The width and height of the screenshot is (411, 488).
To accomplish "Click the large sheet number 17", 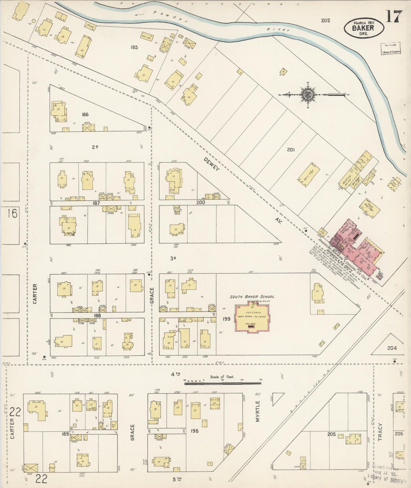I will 394,17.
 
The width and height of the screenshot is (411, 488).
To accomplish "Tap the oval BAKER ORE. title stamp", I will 364,28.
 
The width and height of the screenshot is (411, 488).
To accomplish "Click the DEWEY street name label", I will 212,164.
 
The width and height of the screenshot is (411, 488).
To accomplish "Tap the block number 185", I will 134,47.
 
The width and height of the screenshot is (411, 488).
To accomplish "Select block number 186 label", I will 85,114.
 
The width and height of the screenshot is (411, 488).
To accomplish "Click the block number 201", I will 290,149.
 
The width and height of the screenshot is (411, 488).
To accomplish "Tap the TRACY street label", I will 381,432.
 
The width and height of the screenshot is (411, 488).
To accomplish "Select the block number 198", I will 195,431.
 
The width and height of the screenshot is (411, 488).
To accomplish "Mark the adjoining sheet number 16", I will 13,213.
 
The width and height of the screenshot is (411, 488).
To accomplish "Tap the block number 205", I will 331,434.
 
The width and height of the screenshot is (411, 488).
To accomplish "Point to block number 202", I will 325,20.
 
